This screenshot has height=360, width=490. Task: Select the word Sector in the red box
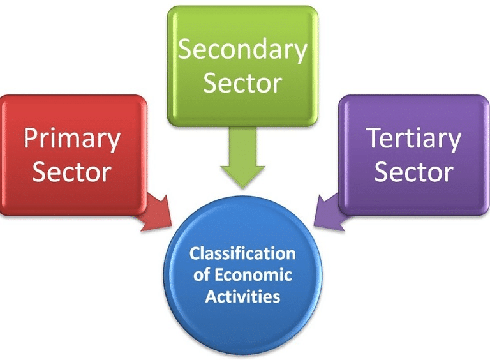point(72,172)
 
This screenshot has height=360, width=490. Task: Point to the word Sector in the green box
point(242,83)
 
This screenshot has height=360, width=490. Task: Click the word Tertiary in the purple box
point(414,139)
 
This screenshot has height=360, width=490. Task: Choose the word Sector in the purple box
point(413,172)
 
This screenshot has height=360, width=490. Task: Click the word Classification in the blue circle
point(242,253)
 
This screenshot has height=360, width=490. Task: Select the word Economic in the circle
point(253,275)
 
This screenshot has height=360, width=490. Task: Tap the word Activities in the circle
point(242,296)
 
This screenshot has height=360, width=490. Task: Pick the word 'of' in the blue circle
point(202,275)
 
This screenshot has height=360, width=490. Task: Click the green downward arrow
point(243,157)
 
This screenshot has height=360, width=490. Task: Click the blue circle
point(243,275)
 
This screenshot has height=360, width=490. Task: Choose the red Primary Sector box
point(73,155)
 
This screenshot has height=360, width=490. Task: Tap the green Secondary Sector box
point(242,66)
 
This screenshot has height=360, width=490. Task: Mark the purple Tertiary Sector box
point(414,155)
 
